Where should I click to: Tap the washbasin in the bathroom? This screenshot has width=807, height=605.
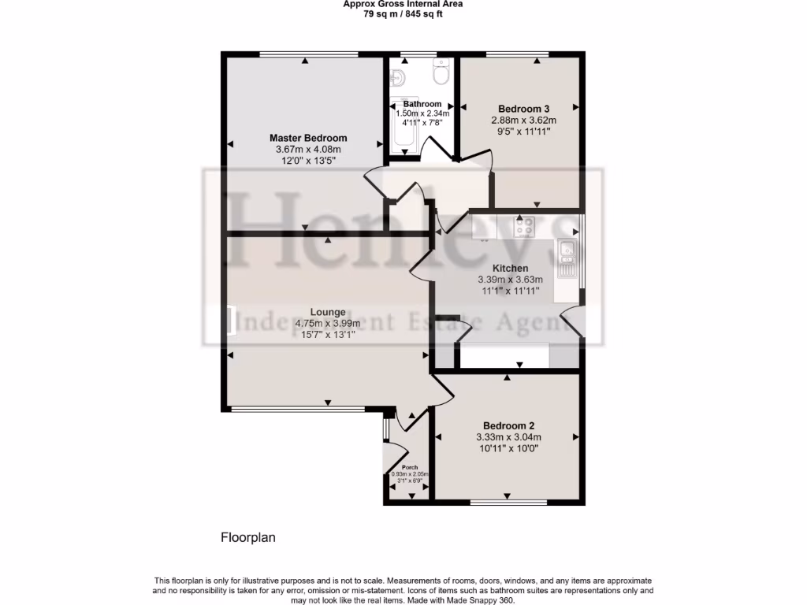(399, 77)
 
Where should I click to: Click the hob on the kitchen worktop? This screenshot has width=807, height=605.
(524, 227)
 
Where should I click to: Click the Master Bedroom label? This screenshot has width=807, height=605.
(307, 138)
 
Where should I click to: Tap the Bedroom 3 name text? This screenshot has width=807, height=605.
(523, 109)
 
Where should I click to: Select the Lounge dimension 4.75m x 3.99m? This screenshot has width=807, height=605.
(327, 323)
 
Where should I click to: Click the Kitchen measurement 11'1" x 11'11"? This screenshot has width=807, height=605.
(510, 291)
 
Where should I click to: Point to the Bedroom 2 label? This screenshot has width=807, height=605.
(508, 425)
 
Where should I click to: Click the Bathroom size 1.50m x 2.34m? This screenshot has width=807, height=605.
(422, 113)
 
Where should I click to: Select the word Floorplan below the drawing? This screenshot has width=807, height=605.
(247, 538)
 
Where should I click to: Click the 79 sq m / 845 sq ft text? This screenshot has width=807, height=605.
(403, 14)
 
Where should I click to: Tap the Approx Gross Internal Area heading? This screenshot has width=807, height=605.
(403, 4)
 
